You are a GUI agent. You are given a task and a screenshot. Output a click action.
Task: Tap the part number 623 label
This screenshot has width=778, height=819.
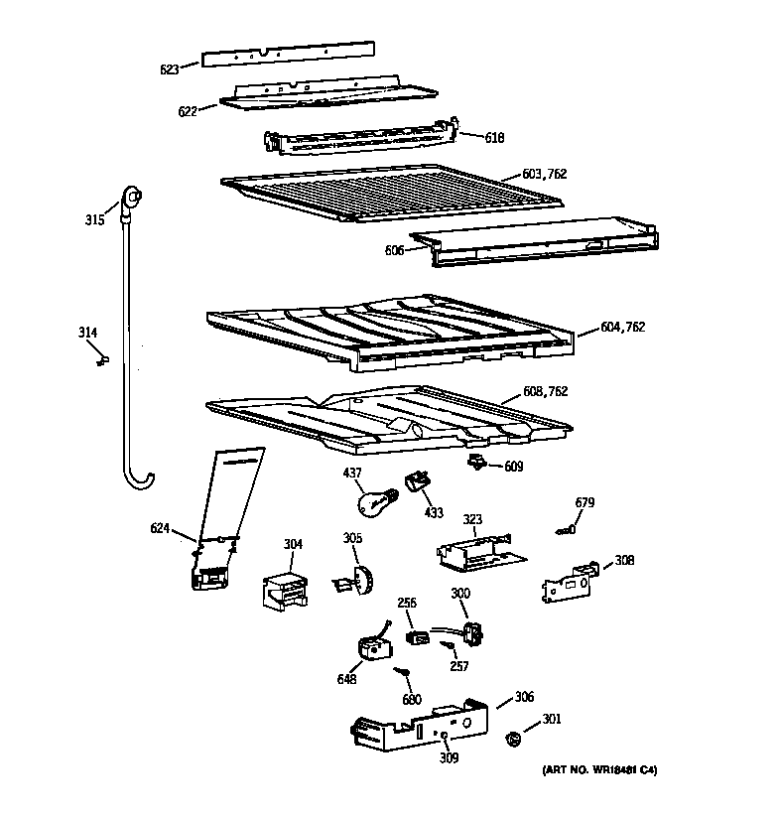(170, 68)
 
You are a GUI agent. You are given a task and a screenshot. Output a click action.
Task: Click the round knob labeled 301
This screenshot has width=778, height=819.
(513, 739)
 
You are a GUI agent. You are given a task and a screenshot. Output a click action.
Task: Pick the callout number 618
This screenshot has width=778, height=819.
(494, 137)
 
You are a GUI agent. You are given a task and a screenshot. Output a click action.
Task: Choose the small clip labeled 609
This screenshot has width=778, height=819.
(477, 463)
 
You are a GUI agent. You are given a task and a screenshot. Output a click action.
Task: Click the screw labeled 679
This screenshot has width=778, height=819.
(566, 531)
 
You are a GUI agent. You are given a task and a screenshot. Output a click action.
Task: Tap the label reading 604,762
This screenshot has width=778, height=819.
(623, 327)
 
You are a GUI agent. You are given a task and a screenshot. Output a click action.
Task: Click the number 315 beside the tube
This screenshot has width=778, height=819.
(94, 219)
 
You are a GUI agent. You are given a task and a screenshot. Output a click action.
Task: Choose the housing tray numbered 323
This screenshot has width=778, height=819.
(473, 551)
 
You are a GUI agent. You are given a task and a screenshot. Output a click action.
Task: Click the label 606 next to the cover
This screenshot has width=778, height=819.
(394, 250)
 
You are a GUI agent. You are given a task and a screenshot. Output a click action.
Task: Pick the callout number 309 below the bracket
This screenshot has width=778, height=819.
(450, 759)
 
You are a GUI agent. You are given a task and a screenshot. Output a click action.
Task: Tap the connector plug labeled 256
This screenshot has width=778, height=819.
(418, 635)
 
